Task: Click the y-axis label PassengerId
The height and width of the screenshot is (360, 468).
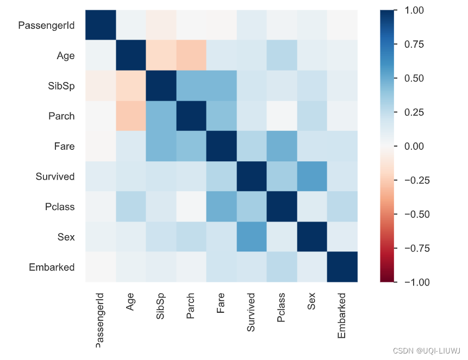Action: [46, 25]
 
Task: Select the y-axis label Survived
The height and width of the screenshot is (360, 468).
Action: [55, 176]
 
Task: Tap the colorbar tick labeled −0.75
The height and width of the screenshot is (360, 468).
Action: [414, 248]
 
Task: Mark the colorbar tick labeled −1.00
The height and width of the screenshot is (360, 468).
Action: [414, 282]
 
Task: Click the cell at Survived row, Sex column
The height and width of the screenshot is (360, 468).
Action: [312, 176]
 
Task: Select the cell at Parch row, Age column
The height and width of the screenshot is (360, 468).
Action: [130, 116]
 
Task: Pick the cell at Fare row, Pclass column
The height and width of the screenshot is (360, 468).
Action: [282, 146]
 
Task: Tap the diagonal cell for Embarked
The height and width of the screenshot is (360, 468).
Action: [342, 267]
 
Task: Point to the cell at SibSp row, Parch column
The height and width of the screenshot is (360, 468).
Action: [191, 85]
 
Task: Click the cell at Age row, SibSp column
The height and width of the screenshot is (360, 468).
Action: [160, 55]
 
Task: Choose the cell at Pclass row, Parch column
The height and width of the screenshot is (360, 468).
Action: [191, 206]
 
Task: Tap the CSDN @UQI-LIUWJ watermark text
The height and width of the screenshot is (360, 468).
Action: [427, 351]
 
